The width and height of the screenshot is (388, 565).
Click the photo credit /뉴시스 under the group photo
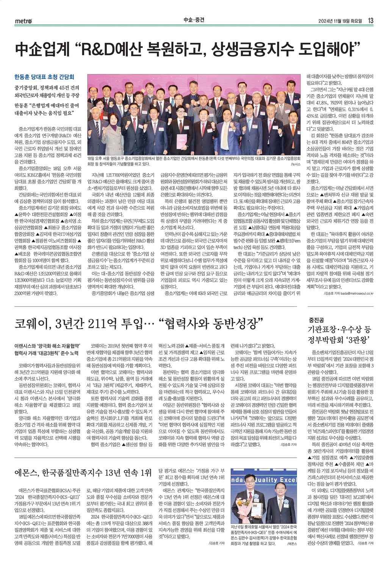(296, 165)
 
